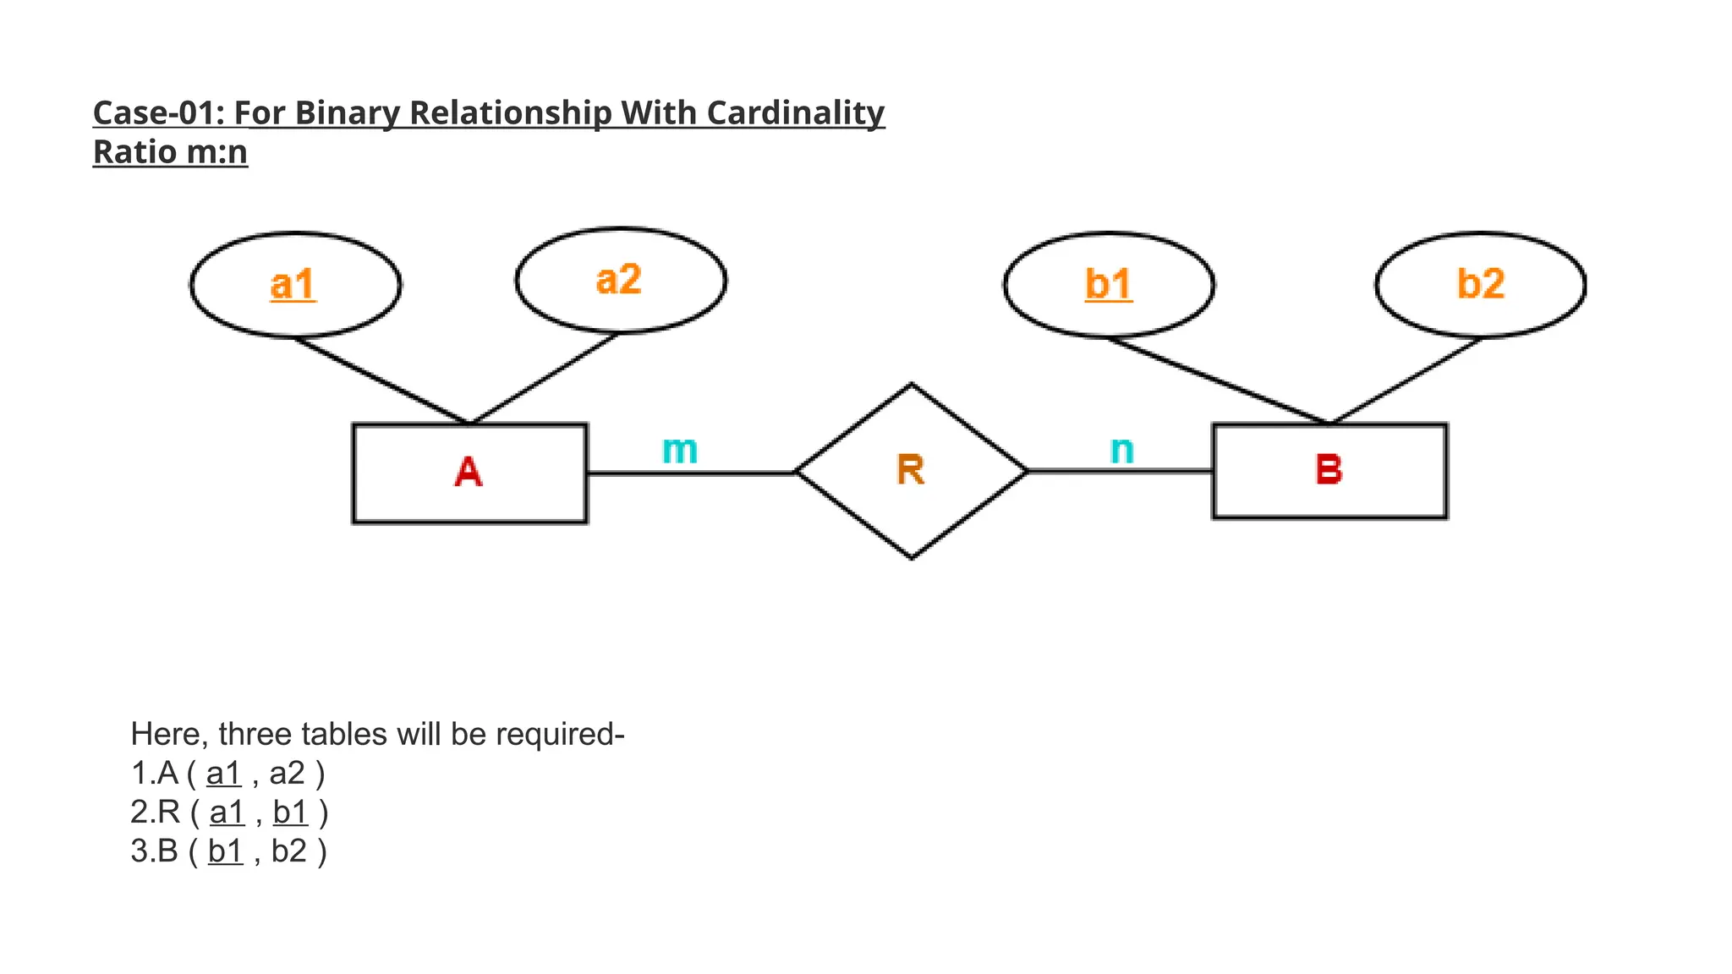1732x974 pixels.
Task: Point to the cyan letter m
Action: [680, 450]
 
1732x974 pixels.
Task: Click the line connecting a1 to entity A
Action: [381, 380]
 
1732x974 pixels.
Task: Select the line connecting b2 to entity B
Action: [1406, 380]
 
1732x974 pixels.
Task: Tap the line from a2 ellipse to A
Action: [544, 379]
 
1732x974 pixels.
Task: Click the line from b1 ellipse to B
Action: [1218, 380]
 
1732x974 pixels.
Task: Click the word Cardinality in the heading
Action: [795, 113]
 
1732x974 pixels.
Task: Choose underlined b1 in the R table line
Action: [290, 813]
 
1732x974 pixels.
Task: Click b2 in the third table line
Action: [288, 851]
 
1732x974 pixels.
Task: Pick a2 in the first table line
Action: [287, 774]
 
